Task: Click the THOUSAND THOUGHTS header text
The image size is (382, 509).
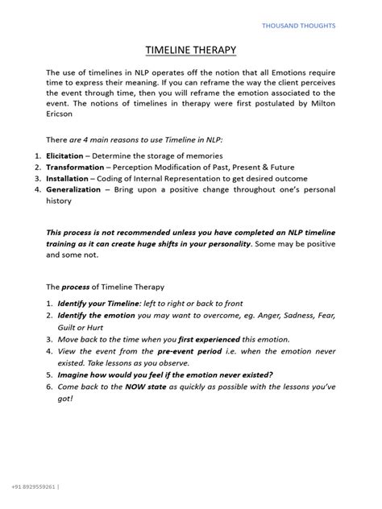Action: coord(298,26)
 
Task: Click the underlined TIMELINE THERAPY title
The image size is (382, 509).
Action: coord(190,52)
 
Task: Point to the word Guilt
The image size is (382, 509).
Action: coord(69,340)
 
